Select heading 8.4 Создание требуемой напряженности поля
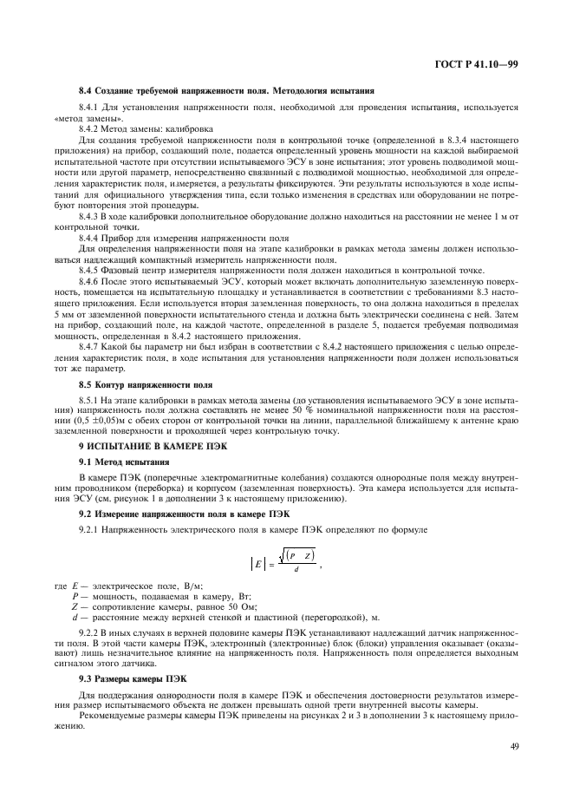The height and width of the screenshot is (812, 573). click(226, 90)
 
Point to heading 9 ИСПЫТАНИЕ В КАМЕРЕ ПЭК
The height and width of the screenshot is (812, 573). click(143, 444)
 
